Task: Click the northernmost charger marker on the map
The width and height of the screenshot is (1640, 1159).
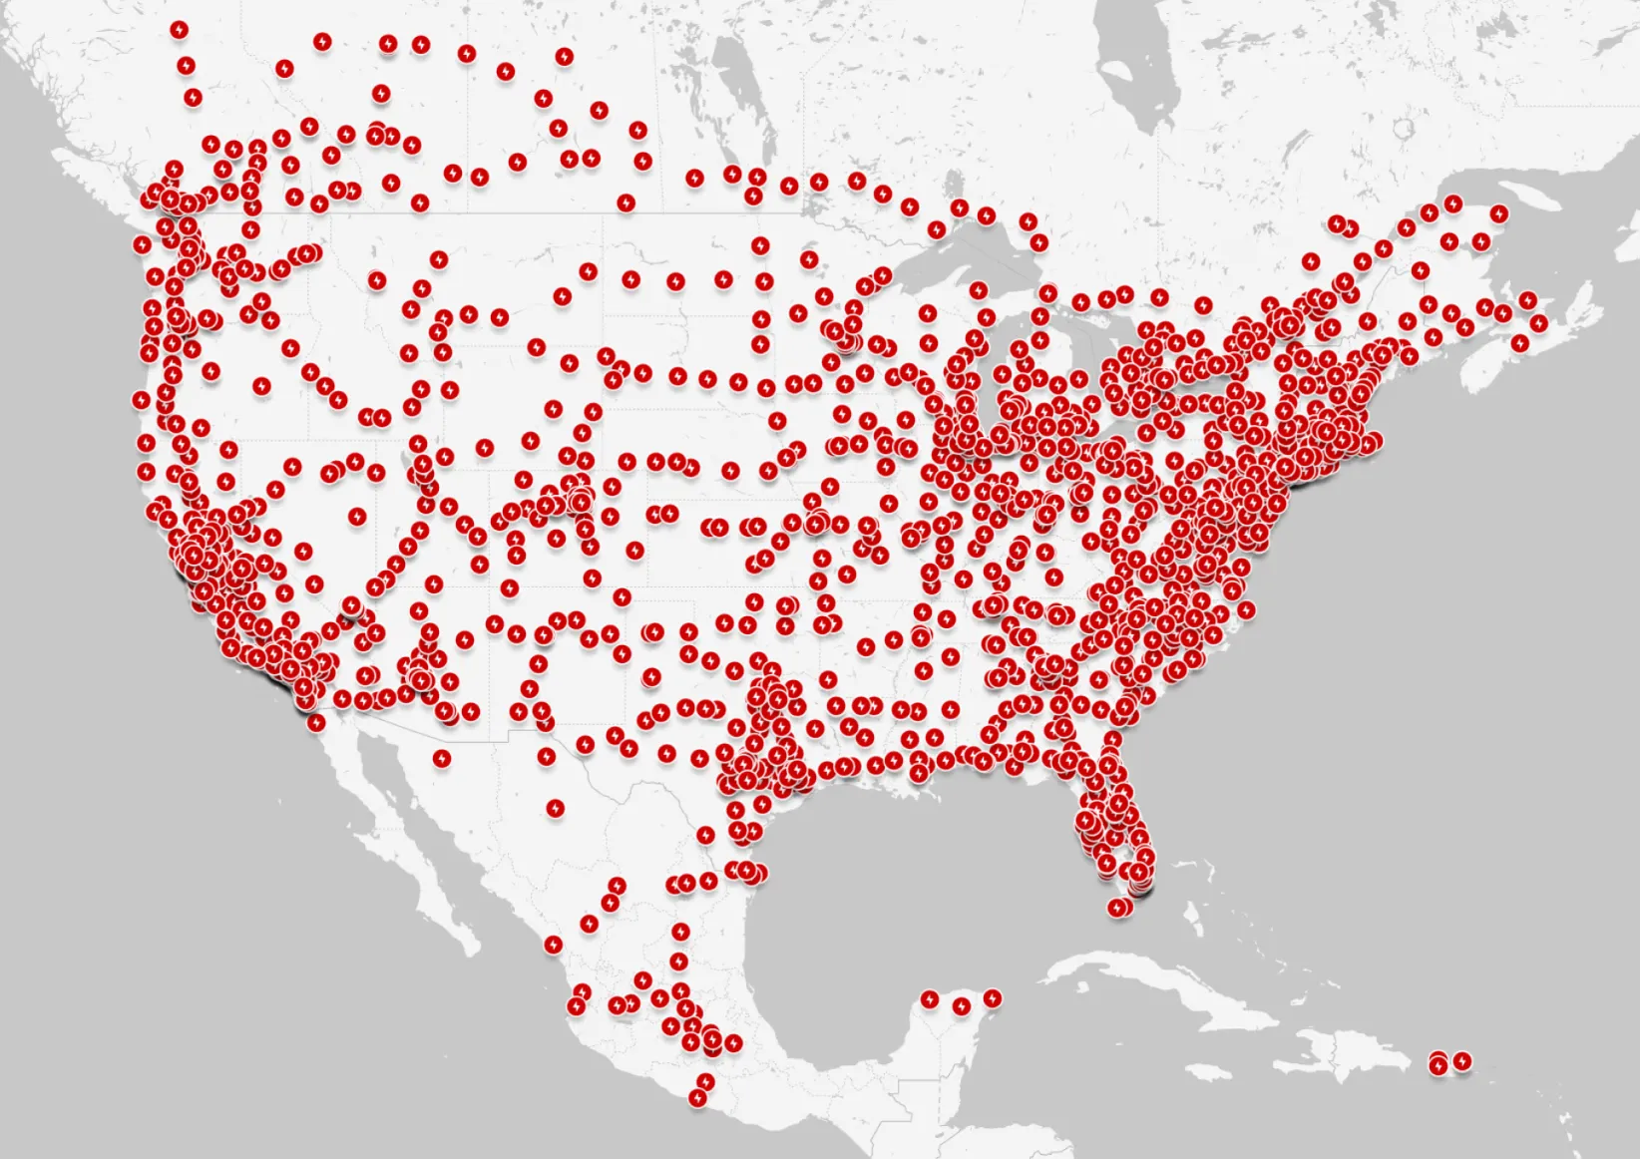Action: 179,30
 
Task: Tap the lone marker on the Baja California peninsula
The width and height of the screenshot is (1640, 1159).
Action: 442,758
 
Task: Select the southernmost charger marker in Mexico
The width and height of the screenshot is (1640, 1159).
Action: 697,1098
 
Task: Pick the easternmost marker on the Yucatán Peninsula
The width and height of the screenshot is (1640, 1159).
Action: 992,997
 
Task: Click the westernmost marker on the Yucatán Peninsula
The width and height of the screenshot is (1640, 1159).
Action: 930,998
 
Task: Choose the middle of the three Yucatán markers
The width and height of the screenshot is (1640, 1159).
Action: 962,1006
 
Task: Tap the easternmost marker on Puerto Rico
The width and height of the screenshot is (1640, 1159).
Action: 1462,1060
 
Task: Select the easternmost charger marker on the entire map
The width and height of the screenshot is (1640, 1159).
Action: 1539,322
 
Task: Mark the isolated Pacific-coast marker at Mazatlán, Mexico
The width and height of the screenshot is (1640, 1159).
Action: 555,944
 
